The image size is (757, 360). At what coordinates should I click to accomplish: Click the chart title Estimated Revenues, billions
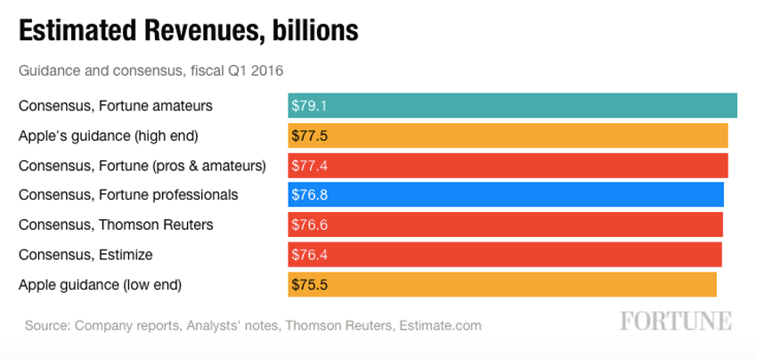pos(188,30)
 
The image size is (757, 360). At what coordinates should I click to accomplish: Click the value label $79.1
pos(310,105)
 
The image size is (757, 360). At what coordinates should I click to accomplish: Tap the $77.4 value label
pos(310,165)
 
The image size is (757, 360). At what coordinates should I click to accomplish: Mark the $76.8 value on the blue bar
pos(310,194)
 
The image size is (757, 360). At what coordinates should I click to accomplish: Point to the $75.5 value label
pos(310,284)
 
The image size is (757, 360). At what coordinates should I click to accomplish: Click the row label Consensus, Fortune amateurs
pos(116,105)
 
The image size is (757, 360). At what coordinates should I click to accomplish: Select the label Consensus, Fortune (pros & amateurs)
pos(142,165)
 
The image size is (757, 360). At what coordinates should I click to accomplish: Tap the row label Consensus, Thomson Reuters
pos(116,225)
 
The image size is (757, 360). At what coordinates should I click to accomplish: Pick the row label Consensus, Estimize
pos(85,254)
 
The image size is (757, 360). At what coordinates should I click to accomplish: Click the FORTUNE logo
pos(676,321)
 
